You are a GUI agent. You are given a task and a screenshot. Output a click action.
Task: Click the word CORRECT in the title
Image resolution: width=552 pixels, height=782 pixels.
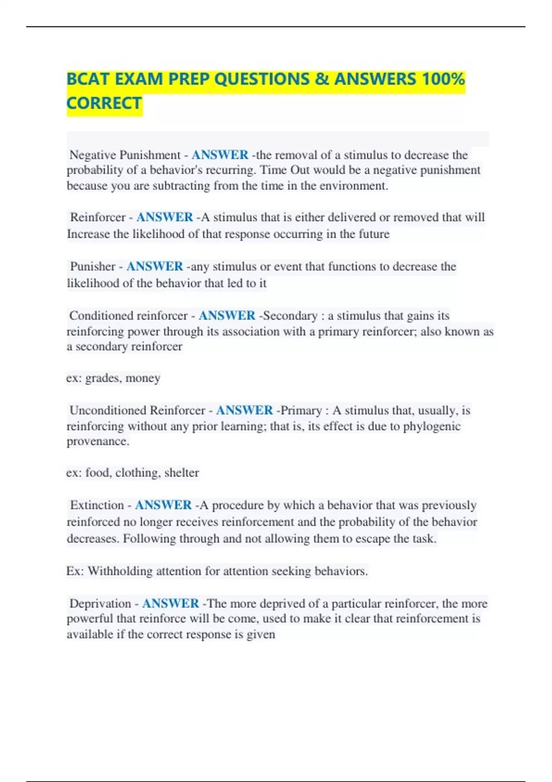click(x=104, y=103)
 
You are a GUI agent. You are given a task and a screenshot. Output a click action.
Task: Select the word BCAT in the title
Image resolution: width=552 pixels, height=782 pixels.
click(x=88, y=79)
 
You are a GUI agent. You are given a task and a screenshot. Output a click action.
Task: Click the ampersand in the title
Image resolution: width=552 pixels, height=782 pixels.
click(x=322, y=79)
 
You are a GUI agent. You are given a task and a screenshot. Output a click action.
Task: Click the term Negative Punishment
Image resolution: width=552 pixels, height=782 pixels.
click(x=125, y=155)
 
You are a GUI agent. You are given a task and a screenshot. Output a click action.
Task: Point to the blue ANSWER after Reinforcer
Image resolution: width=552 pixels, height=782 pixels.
click(x=165, y=217)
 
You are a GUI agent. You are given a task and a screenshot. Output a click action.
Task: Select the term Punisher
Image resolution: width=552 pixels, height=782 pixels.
click(x=92, y=266)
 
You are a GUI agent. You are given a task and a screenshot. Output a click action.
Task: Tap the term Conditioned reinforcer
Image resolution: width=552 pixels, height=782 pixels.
click(x=128, y=316)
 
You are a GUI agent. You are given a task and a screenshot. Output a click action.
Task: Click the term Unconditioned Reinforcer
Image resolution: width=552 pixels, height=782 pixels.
click(x=137, y=410)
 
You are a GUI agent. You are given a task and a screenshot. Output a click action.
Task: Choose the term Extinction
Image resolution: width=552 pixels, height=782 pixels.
click(x=97, y=505)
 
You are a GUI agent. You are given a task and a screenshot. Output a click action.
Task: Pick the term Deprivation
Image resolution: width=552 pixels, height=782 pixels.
click(x=100, y=604)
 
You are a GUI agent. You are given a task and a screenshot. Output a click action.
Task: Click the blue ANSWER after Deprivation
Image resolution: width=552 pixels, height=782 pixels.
click(x=171, y=604)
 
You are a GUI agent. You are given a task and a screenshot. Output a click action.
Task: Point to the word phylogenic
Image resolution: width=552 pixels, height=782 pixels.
click(x=431, y=426)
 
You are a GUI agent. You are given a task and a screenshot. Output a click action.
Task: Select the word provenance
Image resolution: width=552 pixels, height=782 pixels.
click(x=97, y=441)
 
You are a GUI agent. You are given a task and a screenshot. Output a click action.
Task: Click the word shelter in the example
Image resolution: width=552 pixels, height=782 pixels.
click(x=182, y=473)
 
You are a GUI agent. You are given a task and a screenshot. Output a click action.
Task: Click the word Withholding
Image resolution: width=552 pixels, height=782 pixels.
click(x=120, y=571)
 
